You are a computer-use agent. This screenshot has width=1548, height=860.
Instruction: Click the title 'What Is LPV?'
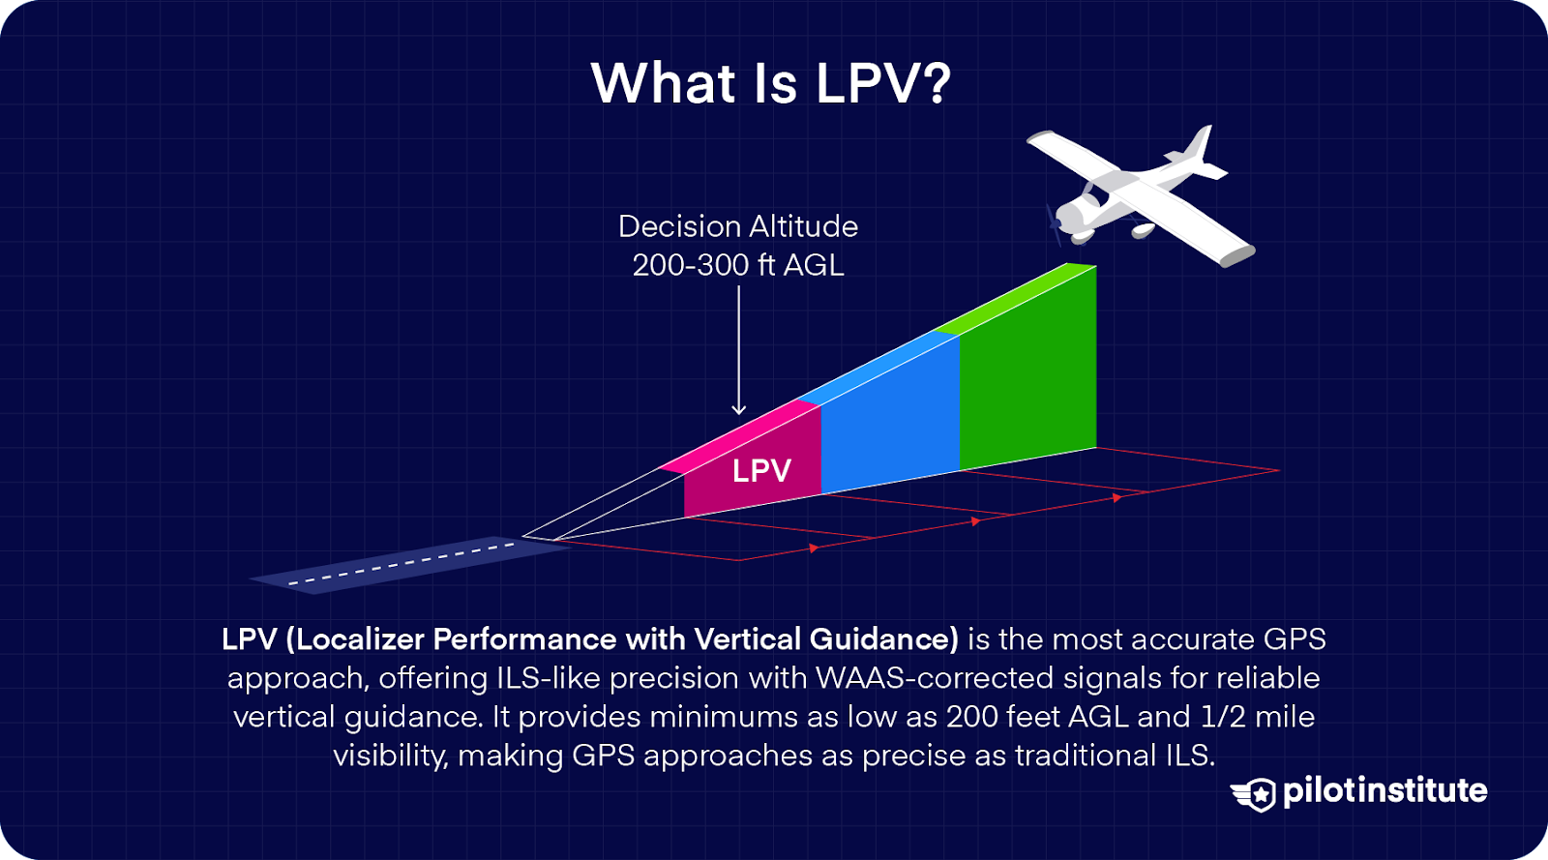tap(771, 83)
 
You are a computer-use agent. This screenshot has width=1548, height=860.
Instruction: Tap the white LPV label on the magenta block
tap(761, 471)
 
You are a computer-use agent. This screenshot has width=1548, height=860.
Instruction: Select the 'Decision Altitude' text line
tap(738, 226)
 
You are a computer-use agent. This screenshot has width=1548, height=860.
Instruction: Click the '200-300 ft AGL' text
tap(738, 265)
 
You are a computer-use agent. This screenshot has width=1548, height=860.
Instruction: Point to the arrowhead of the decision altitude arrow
tap(739, 409)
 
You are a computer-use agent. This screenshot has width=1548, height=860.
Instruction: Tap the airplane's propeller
tap(1054, 222)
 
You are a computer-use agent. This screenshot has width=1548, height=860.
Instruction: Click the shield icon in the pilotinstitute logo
tap(1257, 794)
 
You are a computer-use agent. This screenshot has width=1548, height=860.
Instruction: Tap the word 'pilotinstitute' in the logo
tap(1384, 791)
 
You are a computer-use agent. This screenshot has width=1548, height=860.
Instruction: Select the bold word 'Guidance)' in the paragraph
tap(883, 639)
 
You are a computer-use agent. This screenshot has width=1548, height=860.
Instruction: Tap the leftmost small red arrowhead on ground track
tap(814, 549)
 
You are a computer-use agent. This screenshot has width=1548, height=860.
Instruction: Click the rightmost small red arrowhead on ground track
tap(1116, 497)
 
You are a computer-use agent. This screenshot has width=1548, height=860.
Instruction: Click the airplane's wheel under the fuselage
tap(1143, 232)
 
